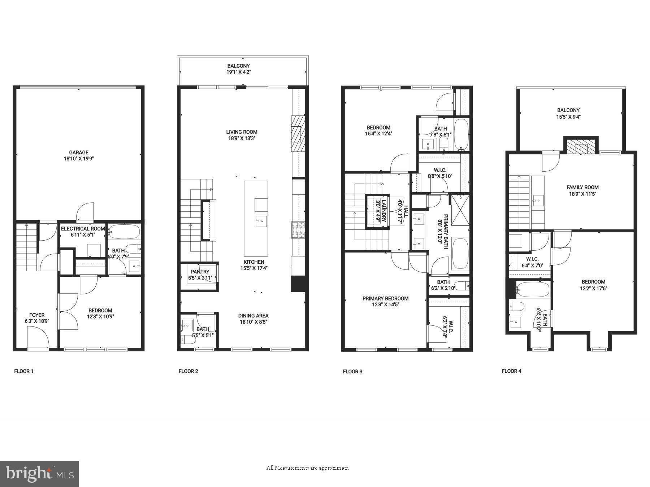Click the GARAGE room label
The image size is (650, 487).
79,153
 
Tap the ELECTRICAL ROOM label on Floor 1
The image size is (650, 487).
83,229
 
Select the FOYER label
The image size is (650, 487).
37,315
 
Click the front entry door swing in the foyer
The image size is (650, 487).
38,337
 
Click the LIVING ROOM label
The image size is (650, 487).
242,132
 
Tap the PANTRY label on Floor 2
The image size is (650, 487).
200,272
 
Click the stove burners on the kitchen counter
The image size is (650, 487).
298,230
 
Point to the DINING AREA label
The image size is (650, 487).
253,316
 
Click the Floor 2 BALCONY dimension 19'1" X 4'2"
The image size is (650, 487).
238,72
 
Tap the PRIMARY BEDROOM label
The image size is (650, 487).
385,298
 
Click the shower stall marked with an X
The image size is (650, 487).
460,210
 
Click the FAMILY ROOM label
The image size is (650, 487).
582,187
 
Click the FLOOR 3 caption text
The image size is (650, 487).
352,371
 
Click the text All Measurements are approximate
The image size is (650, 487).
308,468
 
